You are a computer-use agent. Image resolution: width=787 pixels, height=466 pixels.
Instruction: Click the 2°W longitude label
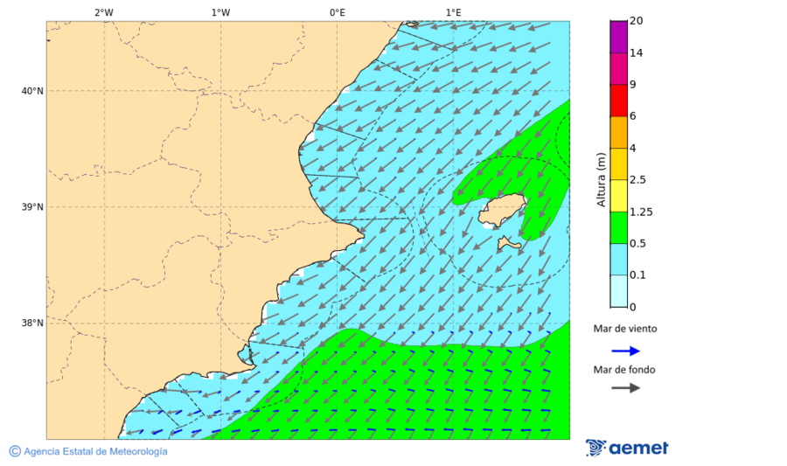[103, 12]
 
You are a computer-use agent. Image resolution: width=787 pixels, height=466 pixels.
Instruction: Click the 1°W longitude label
[220, 12]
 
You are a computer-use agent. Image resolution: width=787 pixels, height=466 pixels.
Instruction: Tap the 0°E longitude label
[337, 12]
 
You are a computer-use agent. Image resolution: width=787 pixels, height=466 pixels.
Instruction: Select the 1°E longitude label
[453, 12]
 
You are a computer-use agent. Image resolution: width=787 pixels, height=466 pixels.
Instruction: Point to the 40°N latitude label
[32, 91]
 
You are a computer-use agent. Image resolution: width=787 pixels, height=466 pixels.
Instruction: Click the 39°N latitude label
[32, 207]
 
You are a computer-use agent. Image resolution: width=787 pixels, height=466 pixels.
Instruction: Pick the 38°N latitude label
[32, 323]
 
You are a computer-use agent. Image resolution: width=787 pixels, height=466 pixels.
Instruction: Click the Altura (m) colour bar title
[601, 179]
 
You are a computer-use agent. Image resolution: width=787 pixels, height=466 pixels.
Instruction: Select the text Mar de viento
[624, 330]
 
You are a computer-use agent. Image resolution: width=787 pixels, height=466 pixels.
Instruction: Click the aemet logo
[627, 448]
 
